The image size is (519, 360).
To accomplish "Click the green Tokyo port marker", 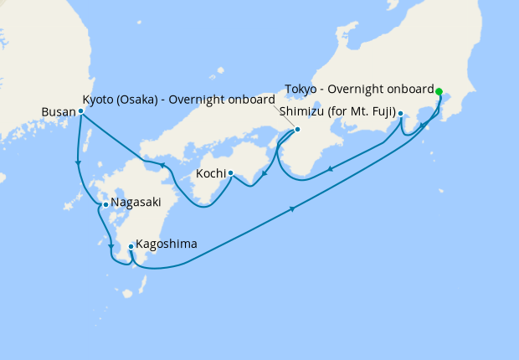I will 439,90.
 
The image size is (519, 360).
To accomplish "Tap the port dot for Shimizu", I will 401,113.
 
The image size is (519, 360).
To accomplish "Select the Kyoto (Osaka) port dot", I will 297,129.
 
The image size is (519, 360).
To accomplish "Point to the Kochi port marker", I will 230,174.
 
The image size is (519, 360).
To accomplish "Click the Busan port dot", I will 80,111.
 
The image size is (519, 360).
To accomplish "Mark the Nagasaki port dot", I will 105,203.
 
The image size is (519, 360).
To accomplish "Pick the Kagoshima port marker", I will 131,246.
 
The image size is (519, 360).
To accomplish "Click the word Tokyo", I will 301,90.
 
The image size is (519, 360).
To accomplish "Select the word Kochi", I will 211,174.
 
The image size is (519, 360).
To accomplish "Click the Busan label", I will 58,111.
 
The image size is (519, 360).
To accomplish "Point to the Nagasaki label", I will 136,203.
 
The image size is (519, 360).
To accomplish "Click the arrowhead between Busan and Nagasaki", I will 78,163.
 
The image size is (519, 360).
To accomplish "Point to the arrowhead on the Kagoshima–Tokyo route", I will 293,209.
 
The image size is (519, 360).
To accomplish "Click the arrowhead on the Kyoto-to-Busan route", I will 162,164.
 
